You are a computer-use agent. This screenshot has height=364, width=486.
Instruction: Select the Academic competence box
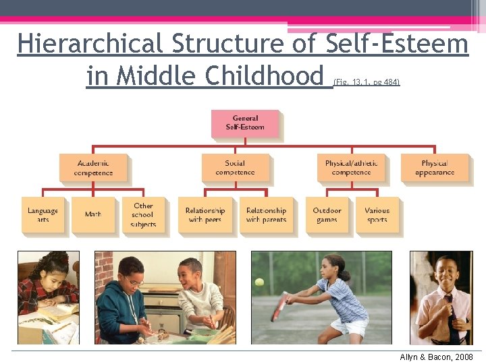click(93, 167)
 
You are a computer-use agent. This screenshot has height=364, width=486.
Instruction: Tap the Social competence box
click(235, 167)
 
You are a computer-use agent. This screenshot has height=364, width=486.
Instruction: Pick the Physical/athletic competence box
click(351, 167)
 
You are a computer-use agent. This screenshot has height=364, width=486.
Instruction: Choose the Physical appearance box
click(434, 167)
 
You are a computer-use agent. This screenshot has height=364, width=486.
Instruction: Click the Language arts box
click(43, 215)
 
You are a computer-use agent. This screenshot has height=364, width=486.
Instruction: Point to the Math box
click(93, 215)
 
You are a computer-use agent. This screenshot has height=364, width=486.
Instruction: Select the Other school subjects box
click(143, 215)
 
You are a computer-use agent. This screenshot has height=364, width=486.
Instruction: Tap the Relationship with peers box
click(205, 215)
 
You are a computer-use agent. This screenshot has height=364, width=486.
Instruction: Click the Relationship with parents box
click(266, 215)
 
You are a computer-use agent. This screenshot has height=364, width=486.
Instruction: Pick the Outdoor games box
click(327, 215)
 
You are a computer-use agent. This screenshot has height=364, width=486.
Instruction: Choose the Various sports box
click(377, 215)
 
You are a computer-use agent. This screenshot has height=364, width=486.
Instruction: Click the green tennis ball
click(259, 282)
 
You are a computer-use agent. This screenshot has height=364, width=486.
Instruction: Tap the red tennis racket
click(277, 307)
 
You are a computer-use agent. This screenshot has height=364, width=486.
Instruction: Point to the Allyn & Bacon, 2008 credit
click(437, 357)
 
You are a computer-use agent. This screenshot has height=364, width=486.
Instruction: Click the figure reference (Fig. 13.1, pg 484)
click(367, 82)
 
